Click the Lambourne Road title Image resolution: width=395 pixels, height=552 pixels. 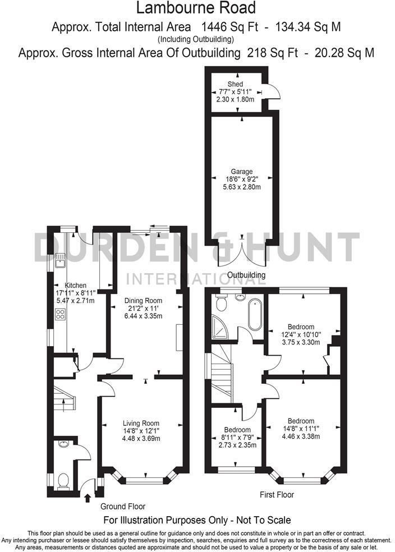click(197, 8)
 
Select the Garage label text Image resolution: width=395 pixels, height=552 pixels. click(242, 172)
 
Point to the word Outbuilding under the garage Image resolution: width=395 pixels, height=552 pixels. click(246, 275)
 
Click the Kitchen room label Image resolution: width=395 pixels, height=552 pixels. click(76, 285)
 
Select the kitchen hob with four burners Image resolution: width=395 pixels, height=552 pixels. click(59, 316)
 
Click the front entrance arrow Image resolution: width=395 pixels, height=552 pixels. click(87, 497)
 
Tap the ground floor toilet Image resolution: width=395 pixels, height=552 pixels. click(63, 480)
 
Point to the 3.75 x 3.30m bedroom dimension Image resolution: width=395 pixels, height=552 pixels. click(301, 341)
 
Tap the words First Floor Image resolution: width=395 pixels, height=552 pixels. click(277, 495)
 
